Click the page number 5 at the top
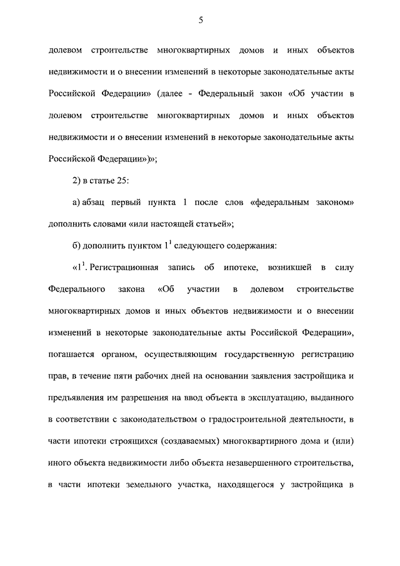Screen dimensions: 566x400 coord(201,20)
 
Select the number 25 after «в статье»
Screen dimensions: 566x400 coord(125,181)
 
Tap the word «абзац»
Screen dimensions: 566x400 coord(98,203)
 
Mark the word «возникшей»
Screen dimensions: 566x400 coord(279,268)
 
